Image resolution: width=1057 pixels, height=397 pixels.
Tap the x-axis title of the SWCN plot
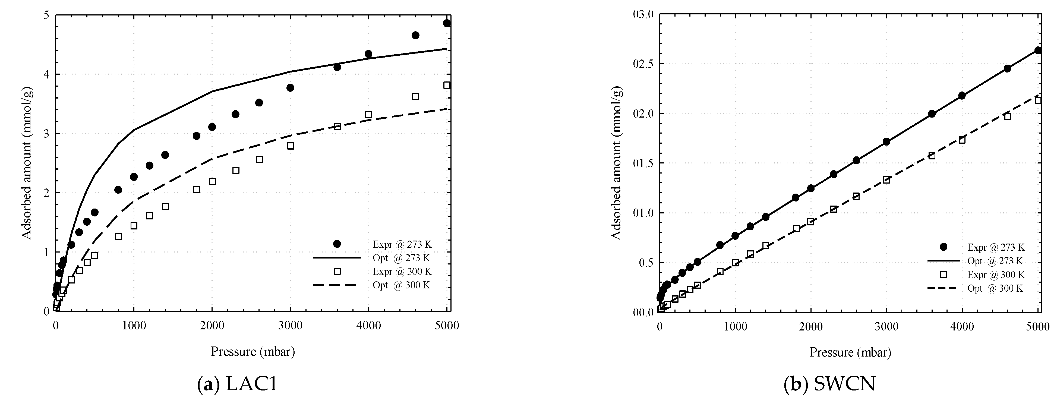[x=850, y=352]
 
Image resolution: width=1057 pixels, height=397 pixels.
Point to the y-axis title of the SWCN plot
[x=617, y=163]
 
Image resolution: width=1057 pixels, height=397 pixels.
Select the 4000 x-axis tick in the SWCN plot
[x=962, y=327]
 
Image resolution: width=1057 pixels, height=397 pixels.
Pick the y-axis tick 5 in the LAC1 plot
[x=46, y=15]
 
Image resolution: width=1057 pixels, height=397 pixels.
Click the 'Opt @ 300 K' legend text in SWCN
[x=995, y=289]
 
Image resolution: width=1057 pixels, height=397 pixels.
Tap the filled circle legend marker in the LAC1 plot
[x=337, y=244]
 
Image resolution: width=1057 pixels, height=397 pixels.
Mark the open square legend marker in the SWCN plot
[x=943, y=274]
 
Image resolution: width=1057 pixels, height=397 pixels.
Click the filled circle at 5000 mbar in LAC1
[x=447, y=23]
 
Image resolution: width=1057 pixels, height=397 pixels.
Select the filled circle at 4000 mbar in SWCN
[x=962, y=96]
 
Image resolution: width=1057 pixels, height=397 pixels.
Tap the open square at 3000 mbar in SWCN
[x=886, y=180]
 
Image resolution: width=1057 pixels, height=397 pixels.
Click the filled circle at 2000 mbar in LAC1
[x=212, y=127]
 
